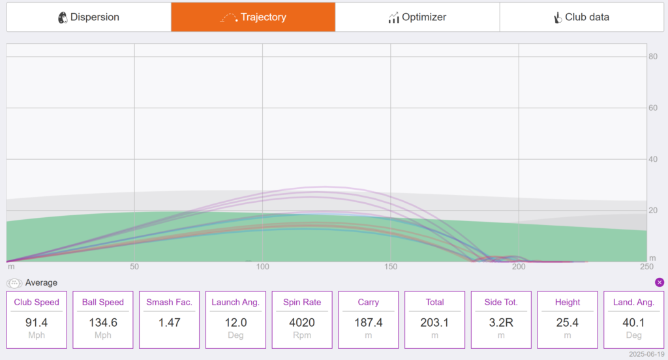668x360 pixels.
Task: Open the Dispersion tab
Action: (89, 17)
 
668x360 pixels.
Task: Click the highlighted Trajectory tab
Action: (253, 17)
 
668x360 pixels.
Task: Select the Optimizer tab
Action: (417, 17)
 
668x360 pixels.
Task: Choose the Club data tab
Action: (581, 17)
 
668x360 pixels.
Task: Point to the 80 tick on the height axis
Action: (652, 57)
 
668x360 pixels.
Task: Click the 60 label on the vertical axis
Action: (652, 108)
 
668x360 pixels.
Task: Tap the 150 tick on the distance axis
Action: (391, 267)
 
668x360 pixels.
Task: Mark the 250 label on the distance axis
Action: (646, 267)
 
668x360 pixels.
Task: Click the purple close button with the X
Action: (660, 282)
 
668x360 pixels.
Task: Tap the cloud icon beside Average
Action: (14, 283)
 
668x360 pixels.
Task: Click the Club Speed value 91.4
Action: (37, 323)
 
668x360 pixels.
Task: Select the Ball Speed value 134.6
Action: (103, 323)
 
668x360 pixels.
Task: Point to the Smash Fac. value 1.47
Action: (170, 323)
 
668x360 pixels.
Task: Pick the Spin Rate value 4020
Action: (302, 323)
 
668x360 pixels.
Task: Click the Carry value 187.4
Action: (369, 323)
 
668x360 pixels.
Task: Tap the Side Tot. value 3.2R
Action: (501, 323)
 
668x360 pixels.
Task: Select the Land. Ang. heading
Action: (633, 302)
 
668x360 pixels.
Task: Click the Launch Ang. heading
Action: (235, 302)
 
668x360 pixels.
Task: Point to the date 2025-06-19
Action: (646, 355)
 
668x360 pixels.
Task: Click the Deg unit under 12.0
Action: (235, 335)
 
